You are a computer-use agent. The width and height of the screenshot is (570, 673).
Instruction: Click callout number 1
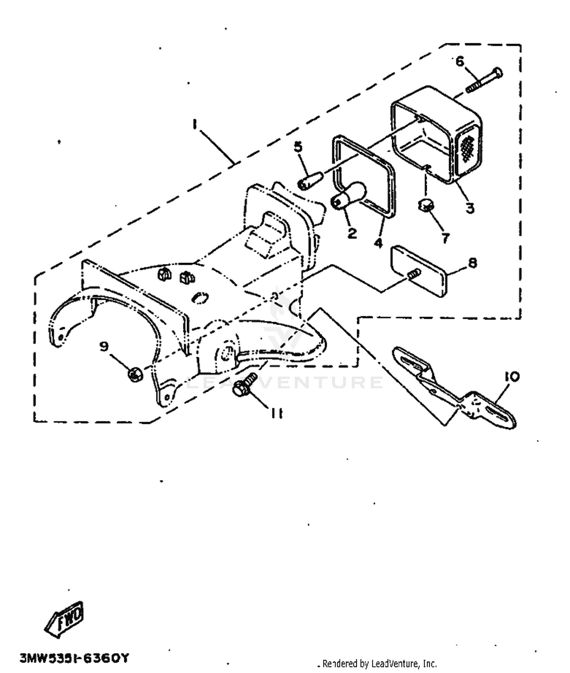(x=195, y=124)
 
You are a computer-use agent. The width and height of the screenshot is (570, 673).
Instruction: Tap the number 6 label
(x=460, y=61)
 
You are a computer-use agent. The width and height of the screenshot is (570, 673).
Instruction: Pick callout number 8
(x=472, y=263)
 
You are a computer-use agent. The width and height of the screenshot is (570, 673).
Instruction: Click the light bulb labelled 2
(x=349, y=195)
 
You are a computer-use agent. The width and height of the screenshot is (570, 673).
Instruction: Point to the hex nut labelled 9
(x=135, y=374)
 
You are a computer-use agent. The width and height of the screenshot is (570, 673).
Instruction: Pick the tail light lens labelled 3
(x=437, y=135)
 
